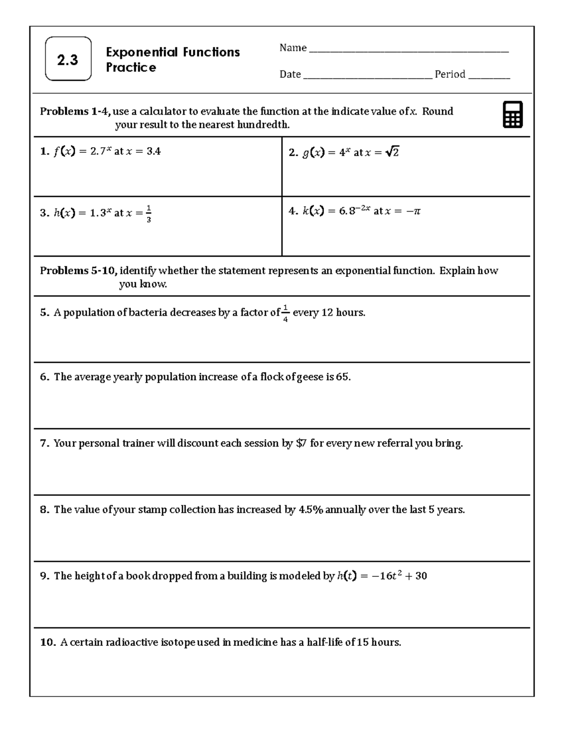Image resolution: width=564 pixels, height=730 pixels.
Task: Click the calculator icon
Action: (512, 115)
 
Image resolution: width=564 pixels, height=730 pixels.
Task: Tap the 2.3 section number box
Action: (68, 59)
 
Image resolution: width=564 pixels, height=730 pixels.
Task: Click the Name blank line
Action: (408, 49)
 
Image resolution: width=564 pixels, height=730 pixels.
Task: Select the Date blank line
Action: (368, 75)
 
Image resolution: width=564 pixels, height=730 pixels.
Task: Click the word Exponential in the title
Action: (142, 52)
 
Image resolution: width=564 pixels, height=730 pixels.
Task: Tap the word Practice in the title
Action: (131, 68)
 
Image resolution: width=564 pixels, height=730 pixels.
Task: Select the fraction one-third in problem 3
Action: (149, 213)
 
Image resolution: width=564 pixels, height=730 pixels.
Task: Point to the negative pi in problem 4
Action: (414, 211)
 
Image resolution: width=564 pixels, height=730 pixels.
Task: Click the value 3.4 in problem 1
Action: (153, 151)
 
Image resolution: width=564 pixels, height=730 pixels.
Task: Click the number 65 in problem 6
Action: (343, 377)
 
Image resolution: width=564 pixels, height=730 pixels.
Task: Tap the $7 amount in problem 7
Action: (301, 443)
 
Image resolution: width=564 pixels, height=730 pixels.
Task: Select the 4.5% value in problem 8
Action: (311, 510)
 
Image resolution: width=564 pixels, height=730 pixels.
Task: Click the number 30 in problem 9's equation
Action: (421, 576)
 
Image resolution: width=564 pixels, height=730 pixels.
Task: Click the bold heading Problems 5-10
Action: (78, 271)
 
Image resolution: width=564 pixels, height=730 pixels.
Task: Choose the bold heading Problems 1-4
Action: (75, 111)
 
